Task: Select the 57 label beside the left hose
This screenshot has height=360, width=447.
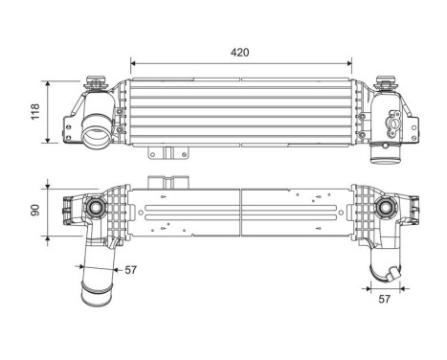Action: point(130,271)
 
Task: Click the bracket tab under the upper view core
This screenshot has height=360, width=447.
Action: point(167,153)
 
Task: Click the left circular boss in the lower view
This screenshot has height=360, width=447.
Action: point(96,209)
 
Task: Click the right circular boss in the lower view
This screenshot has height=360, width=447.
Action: point(386,208)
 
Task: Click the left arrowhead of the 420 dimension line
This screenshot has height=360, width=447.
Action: point(133,63)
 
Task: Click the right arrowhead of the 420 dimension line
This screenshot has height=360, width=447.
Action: point(354,63)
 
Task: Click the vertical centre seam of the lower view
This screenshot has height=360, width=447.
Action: point(242,209)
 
